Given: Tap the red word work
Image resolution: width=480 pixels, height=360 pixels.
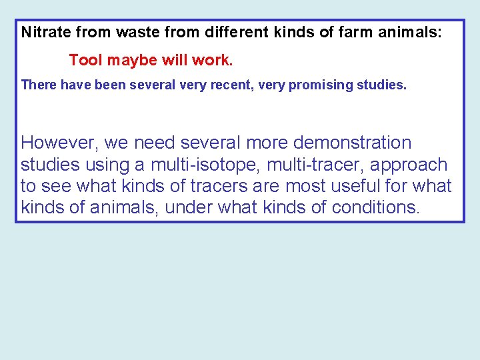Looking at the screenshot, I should (x=213, y=61).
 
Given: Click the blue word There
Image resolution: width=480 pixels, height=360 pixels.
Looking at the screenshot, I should (x=39, y=85).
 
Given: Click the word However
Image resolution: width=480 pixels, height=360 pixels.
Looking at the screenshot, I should (x=58, y=143).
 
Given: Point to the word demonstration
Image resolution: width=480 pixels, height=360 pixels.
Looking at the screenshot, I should (x=353, y=143).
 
